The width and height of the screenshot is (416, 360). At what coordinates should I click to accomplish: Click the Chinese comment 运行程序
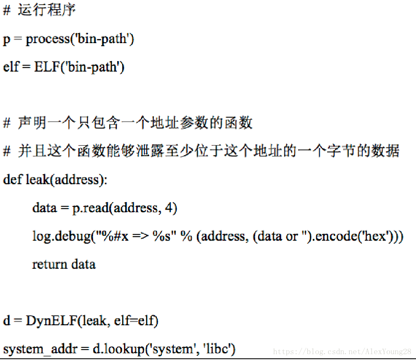click(x=47, y=10)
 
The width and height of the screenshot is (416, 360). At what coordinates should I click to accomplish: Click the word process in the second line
click(x=48, y=39)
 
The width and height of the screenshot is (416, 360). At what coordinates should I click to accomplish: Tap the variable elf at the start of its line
click(x=11, y=67)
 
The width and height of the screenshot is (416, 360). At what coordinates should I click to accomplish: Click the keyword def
click(x=13, y=180)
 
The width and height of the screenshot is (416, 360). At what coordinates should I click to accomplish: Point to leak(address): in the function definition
click(x=67, y=180)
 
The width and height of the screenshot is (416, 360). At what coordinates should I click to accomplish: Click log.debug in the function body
click(x=61, y=236)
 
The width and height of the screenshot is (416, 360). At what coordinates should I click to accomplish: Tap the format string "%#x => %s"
click(x=134, y=236)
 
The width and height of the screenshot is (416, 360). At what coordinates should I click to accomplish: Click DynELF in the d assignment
click(x=52, y=321)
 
